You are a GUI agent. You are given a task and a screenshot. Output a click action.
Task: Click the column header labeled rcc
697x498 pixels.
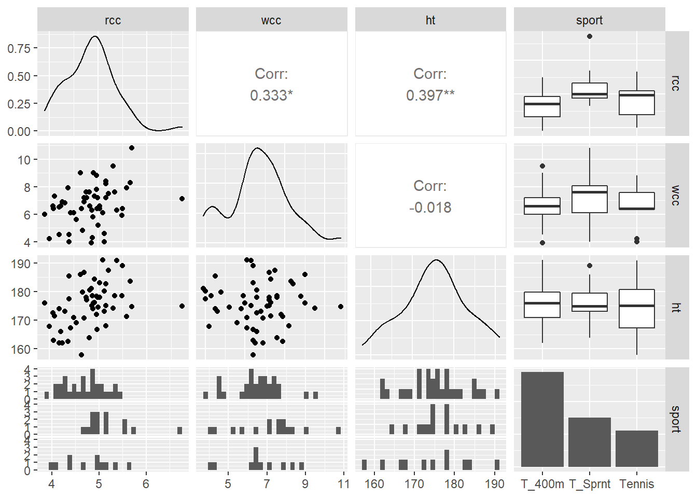[113, 20]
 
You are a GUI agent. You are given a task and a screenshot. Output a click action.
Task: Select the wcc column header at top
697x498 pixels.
[271, 20]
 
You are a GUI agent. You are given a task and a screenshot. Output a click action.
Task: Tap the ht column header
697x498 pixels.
[430, 20]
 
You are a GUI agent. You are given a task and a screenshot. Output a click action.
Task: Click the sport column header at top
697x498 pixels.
[589, 20]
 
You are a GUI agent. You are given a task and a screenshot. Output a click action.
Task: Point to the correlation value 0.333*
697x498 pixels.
[271, 95]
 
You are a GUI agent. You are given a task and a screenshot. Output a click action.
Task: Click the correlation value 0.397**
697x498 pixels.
[430, 95]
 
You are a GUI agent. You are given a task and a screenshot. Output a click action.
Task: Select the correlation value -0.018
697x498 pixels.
[430, 208]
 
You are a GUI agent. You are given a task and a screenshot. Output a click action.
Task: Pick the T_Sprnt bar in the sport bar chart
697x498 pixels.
[590, 442]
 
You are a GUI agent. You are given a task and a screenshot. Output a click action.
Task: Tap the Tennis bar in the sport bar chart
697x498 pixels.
[637, 448]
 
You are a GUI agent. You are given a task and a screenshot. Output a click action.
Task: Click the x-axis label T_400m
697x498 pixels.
[542, 484]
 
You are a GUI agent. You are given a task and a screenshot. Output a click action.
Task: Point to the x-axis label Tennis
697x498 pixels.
[637, 484]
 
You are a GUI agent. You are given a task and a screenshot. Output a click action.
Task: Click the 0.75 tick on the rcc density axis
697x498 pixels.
[19, 48]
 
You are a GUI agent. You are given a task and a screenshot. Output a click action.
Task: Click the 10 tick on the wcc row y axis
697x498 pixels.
[24, 160]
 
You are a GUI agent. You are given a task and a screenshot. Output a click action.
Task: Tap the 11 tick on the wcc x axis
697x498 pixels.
[343, 484]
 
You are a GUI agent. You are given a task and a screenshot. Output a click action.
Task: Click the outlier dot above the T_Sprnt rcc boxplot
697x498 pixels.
[590, 36]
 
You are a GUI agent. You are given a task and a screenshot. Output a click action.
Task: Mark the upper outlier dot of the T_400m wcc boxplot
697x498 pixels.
[542, 166]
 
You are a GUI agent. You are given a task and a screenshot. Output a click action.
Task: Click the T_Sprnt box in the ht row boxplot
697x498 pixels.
[590, 302]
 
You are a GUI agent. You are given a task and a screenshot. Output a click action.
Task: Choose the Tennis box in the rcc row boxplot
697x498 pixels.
[637, 103]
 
